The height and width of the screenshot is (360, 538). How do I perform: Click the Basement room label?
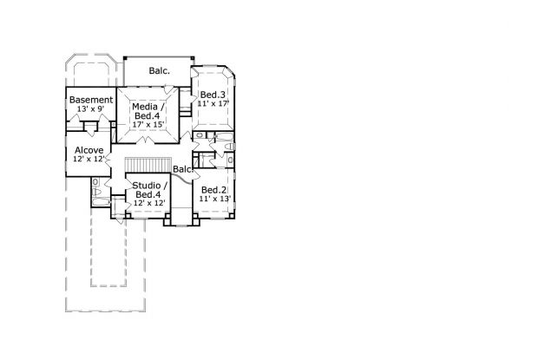pyautogui.click(x=91, y=100)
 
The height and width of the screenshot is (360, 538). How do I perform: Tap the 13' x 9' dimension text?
pyautogui.click(x=90, y=109)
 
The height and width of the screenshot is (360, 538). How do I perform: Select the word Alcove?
pyautogui.click(x=89, y=150)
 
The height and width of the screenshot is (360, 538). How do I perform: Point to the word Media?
pyautogui.click(x=146, y=107)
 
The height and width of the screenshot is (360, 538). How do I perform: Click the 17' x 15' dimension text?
pyautogui.click(x=148, y=124)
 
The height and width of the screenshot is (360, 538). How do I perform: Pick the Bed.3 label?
pyautogui.click(x=213, y=95)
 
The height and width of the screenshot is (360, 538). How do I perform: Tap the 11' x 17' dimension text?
pyautogui.click(x=213, y=103)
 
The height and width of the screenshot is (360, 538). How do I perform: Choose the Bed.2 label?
pyautogui.click(x=213, y=190)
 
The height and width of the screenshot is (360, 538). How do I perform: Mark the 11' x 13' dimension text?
pyautogui.click(x=215, y=199)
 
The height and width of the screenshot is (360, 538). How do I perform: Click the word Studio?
pyautogui.click(x=147, y=186)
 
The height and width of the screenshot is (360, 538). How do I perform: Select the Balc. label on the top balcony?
pyautogui.click(x=159, y=71)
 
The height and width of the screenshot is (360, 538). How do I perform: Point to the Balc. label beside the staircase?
pyautogui.click(x=183, y=169)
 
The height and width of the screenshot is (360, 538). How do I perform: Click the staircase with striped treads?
pyautogui.click(x=148, y=165)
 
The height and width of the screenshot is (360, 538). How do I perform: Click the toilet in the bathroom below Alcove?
pyautogui.click(x=96, y=192)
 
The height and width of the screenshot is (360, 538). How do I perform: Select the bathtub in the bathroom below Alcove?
pyautogui.click(x=101, y=202)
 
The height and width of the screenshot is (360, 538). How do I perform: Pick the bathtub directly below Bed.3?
pyautogui.click(x=224, y=137)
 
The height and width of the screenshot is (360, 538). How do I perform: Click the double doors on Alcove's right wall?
pyautogui.click(x=108, y=160)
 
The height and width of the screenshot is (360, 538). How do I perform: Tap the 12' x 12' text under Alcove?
pyautogui.click(x=89, y=159)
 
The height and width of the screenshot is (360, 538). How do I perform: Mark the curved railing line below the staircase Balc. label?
pyautogui.click(x=182, y=178)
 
